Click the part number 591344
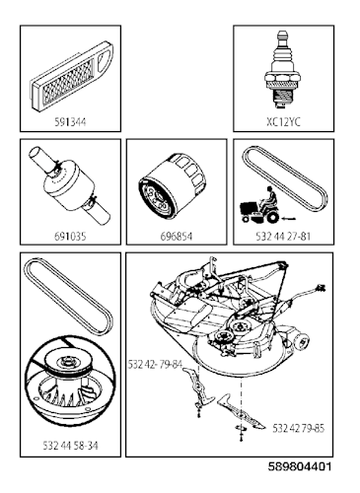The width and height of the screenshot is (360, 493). pos(70,122)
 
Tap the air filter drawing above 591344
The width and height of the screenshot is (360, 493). pos(72,76)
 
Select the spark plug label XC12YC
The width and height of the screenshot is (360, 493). pos(283,122)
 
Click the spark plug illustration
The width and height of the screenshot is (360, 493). pos(282,69)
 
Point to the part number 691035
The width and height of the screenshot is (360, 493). pos(70,236)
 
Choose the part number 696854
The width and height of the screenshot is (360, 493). pos(177,236)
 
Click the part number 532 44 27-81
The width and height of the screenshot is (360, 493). pos(283,236)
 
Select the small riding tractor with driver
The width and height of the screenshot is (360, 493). pos(259,205)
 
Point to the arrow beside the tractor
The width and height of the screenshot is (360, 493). pos(289,218)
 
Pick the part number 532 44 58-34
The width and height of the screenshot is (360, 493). pos(70,446)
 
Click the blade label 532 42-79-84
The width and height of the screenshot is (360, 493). pos(155,365)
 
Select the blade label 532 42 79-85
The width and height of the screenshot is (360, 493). pos(298,428)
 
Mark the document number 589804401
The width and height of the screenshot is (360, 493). pos(300,466)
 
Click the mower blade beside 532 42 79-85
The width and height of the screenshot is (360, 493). pos(241,411)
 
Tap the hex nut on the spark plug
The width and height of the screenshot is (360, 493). pos(282,78)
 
